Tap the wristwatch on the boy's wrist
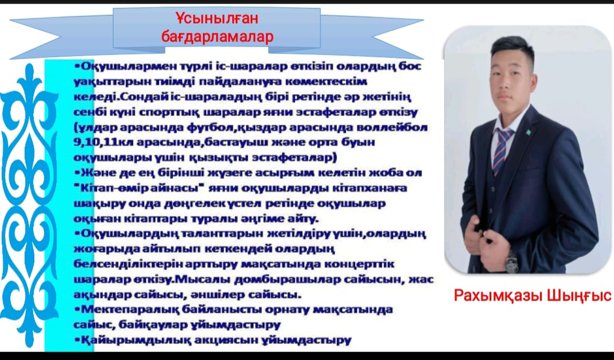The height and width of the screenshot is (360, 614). (x=510, y=260)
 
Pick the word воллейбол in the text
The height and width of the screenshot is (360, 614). (x=393, y=126)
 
